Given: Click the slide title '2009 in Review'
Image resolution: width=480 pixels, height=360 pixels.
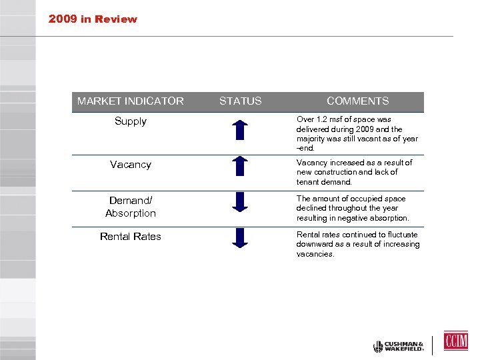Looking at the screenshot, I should click(x=93, y=19).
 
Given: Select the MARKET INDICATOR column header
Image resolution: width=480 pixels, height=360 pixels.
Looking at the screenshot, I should click(x=130, y=101).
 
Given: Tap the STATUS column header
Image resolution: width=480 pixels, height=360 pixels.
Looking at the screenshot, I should click(x=240, y=101).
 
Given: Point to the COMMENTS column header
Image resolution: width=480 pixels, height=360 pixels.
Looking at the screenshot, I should click(x=357, y=101).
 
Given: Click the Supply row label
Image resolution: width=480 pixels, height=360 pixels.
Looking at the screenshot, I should click(x=130, y=121).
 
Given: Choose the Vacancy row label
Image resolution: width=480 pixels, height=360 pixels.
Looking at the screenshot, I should click(x=130, y=165).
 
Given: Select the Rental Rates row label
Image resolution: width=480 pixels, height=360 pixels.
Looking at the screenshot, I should click(x=130, y=237).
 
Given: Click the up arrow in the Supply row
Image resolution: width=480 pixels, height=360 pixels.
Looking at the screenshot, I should click(x=240, y=129).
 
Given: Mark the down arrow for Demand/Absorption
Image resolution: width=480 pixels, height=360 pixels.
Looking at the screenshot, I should click(x=240, y=202).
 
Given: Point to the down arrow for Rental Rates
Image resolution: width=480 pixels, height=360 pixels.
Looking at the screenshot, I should click(x=240, y=237).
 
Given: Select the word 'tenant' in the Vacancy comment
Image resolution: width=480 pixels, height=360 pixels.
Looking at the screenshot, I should click(x=309, y=182).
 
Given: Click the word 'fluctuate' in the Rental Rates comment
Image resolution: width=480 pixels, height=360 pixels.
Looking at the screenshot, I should click(x=401, y=235).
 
